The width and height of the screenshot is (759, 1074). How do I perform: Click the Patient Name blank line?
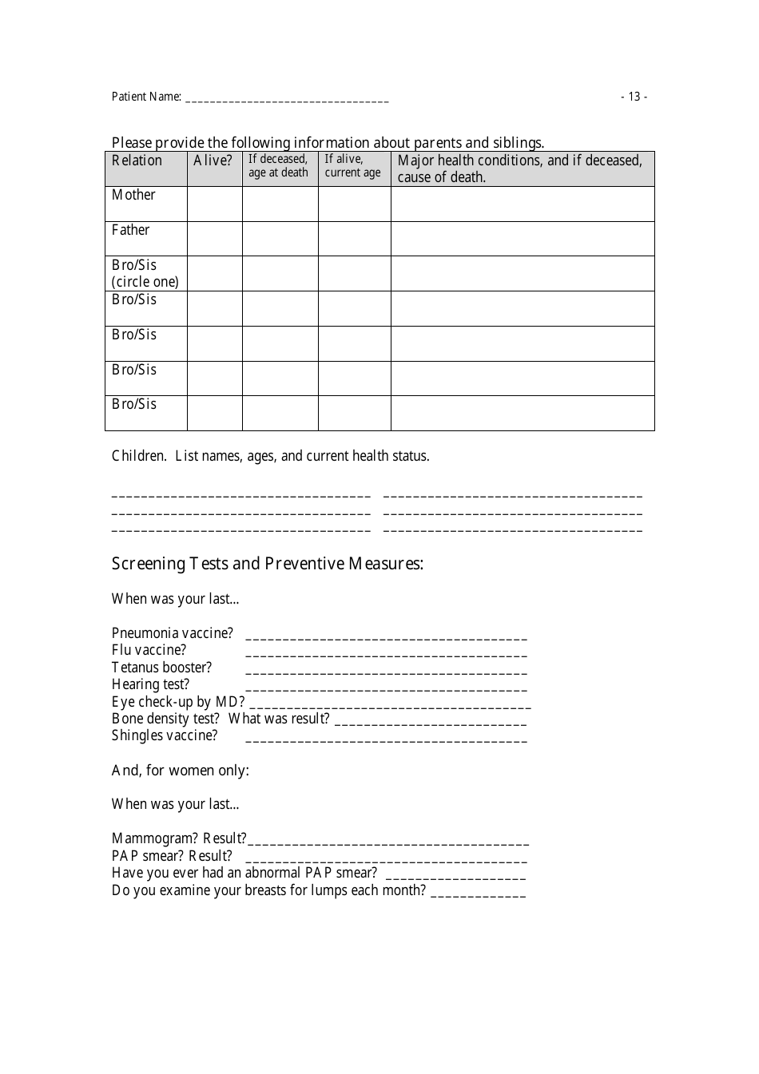286,99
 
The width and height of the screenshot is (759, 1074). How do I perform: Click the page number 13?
634,97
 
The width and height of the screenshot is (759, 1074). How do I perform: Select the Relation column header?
137,161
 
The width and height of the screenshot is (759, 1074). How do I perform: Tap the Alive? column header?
213,161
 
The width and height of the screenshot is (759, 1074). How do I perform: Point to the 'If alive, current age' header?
352,166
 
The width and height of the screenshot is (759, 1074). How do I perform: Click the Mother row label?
133,195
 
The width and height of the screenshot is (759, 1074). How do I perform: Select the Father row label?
130,230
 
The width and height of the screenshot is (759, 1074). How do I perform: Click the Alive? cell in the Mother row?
214,204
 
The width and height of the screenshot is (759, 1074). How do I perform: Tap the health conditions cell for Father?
522,239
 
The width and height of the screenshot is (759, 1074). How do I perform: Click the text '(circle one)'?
145,282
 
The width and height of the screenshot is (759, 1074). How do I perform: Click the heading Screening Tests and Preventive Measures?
267,564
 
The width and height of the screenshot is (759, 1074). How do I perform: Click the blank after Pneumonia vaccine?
386,636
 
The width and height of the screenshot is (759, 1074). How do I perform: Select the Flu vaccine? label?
149,650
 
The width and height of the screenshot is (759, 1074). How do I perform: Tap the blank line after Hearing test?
386,688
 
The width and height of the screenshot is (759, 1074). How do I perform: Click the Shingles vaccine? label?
164,735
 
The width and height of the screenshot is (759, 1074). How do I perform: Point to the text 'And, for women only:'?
180,771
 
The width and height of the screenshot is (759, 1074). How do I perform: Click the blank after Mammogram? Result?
387,842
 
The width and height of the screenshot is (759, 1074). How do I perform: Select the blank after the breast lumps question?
478,894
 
